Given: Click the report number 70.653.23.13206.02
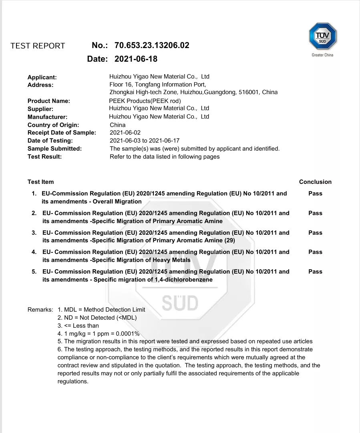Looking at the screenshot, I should (152, 46).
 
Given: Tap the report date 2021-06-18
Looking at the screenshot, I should (136, 59).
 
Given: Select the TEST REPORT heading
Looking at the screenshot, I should (38, 46).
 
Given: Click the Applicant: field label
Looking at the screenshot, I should (42, 77).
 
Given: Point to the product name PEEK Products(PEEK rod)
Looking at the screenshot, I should (145, 101).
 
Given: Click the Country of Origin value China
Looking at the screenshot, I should (117, 125).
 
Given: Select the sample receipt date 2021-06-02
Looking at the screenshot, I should (125, 133).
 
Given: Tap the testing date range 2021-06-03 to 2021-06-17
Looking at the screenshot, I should (145, 141).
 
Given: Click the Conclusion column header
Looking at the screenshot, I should (315, 182).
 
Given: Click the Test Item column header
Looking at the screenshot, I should (40, 182).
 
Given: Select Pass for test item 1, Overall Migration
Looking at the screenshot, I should (315, 193).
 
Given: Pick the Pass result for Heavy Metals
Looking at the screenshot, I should (315, 252).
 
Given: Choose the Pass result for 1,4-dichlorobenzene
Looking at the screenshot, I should (315, 272).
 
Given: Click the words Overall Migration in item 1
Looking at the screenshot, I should (117, 201).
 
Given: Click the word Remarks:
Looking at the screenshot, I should (40, 310).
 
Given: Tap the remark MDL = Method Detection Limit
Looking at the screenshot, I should (105, 310).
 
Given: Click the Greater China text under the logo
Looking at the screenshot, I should (322, 55).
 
